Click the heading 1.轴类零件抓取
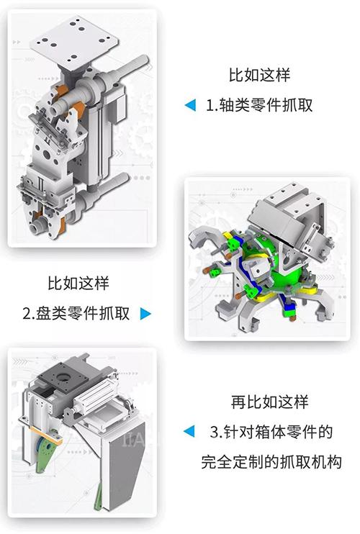[259, 105]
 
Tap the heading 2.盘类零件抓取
[76, 313]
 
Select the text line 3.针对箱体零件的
[271, 432]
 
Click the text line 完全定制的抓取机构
[271, 462]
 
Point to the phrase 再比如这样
[269, 402]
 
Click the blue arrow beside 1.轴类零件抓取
[190, 105]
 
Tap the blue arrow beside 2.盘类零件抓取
[145, 313]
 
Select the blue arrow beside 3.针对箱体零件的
[189, 432]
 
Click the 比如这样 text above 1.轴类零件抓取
[259, 75]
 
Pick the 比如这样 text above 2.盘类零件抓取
[78, 283]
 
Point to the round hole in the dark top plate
[63, 377]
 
